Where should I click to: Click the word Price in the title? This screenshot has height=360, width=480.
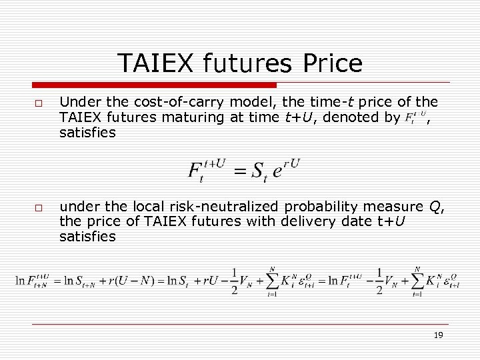(332, 63)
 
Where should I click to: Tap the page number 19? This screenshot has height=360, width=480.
(438, 335)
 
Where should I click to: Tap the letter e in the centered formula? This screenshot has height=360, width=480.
(277, 172)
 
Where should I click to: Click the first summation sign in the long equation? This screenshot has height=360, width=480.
(271, 281)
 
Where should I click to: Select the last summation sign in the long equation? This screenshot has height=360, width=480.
(417, 281)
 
